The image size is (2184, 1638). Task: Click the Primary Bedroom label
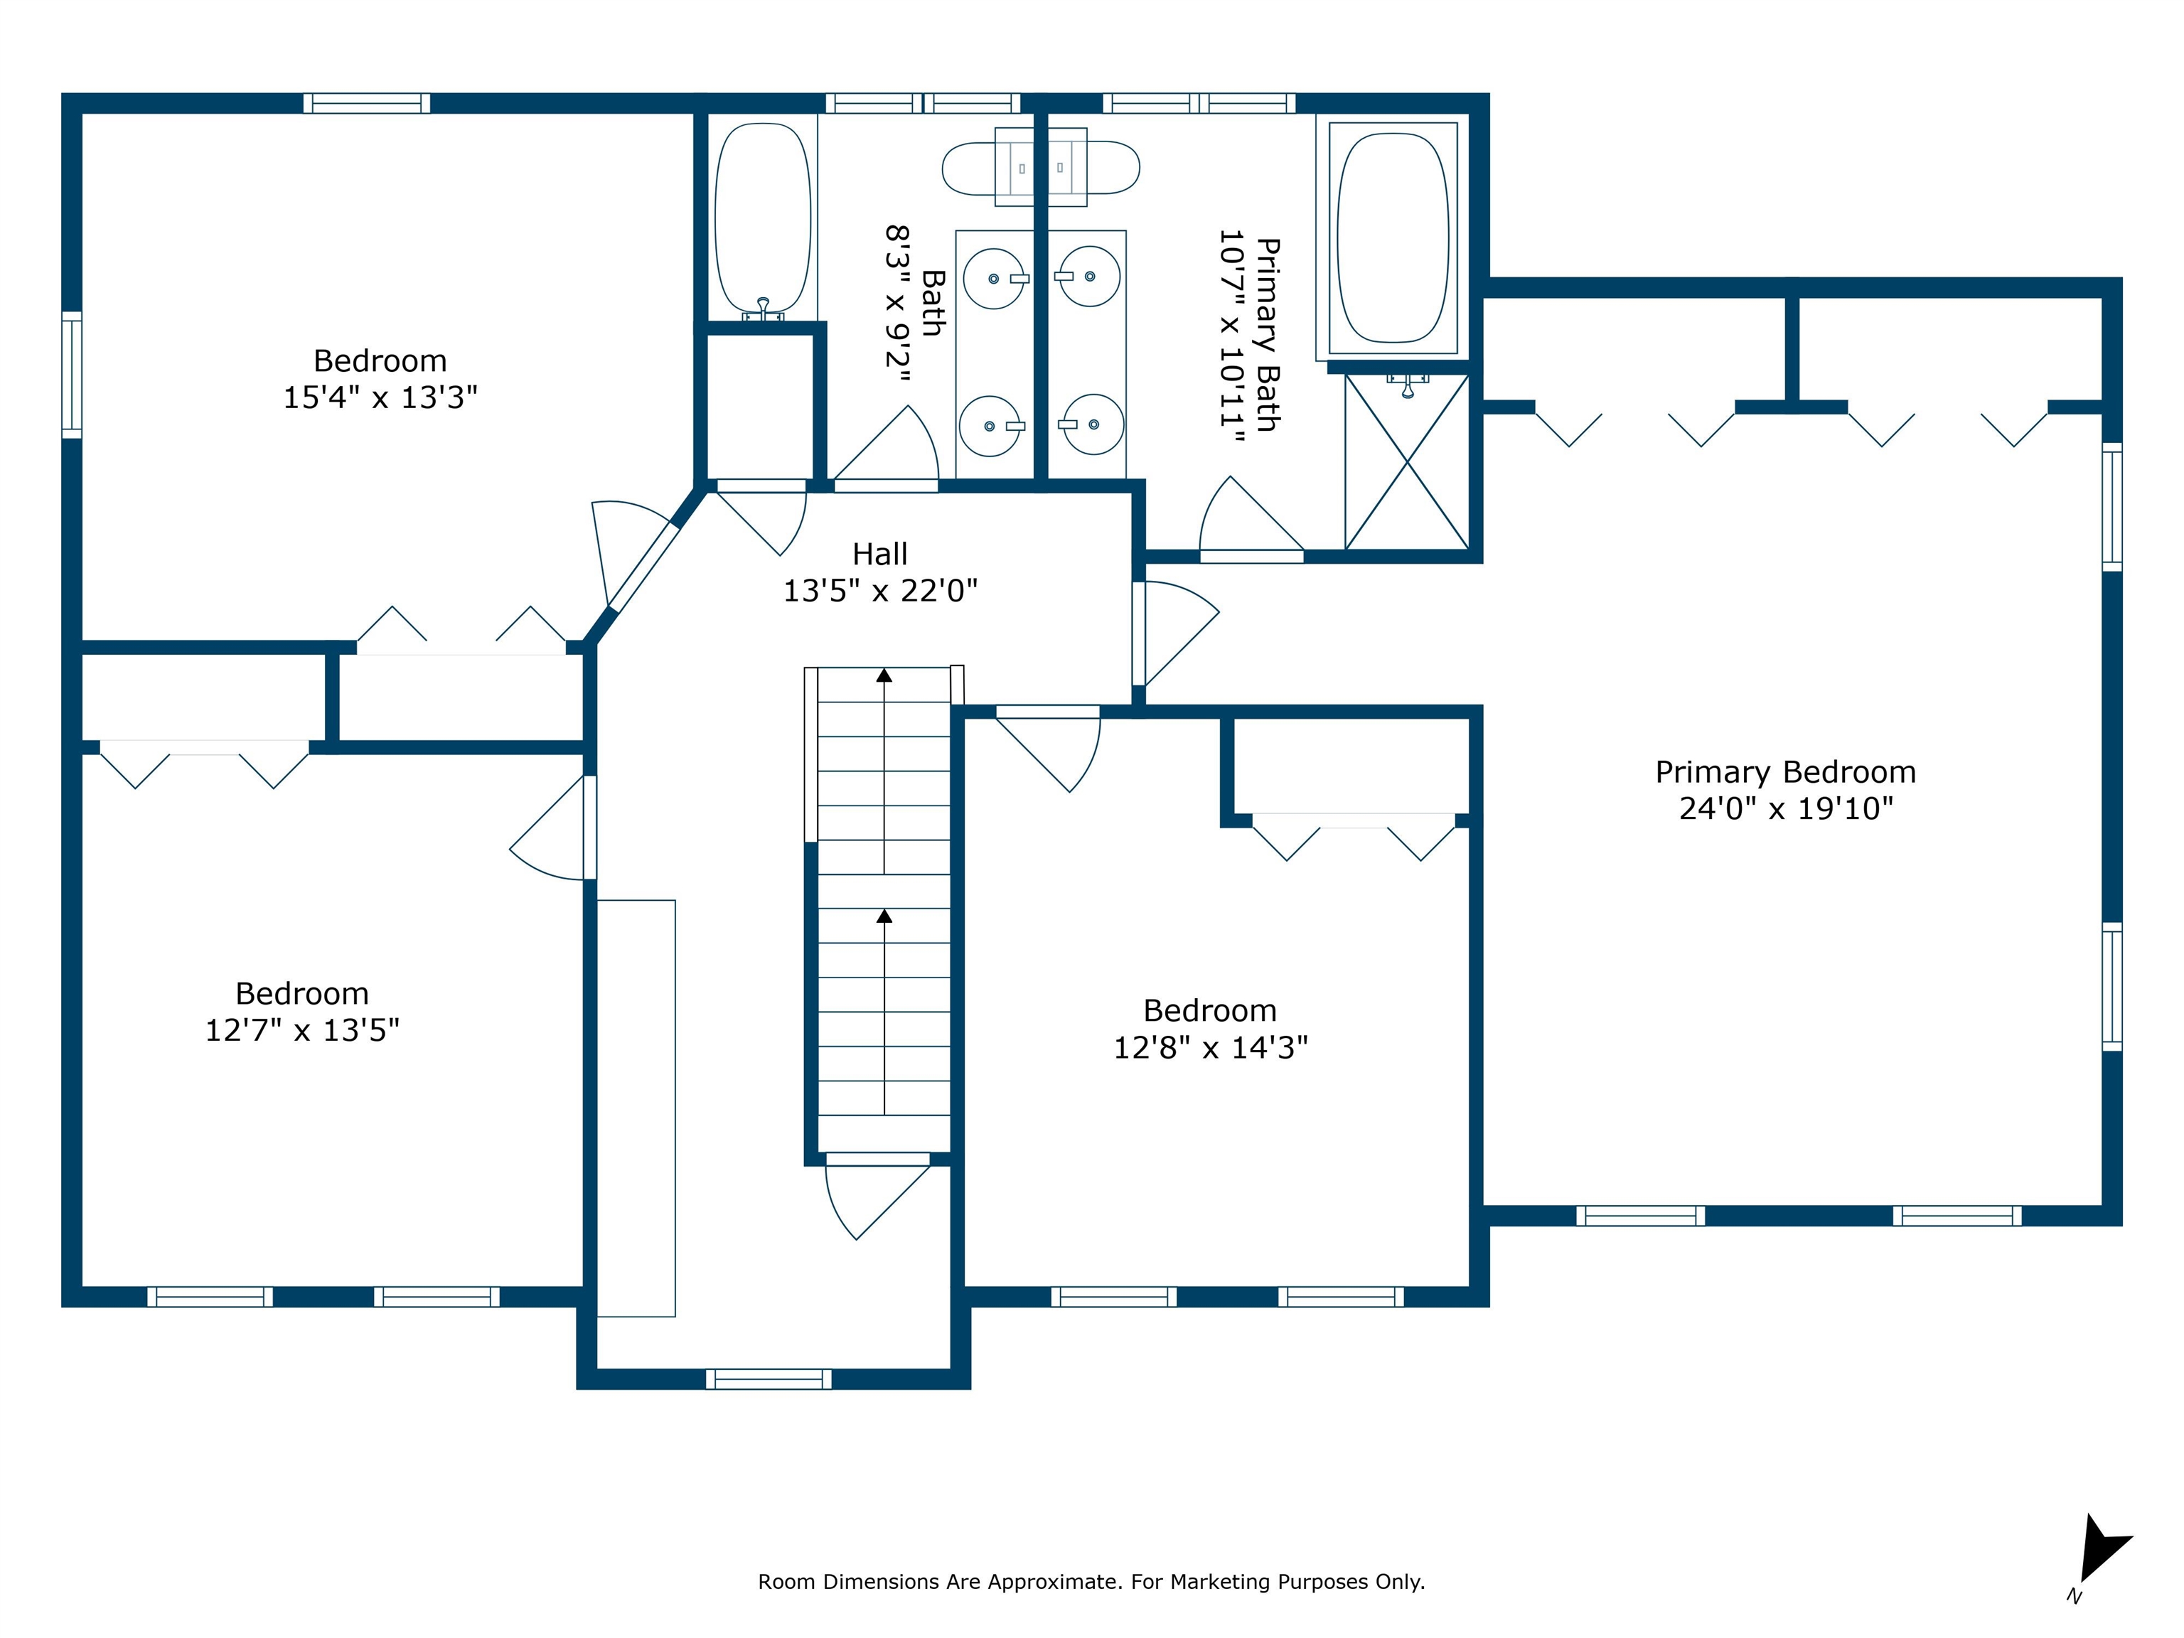pyautogui.click(x=1785, y=772)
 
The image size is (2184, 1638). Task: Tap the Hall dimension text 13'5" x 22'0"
pyautogui.click(x=879, y=590)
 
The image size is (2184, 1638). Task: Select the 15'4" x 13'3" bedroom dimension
pyautogui.click(x=380, y=397)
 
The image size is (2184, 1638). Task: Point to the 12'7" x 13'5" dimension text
pyautogui.click(x=302, y=1030)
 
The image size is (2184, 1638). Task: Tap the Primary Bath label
pyautogui.click(x=1268, y=335)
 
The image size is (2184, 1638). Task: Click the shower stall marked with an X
pyautogui.click(x=1407, y=461)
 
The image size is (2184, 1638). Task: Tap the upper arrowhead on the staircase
pyautogui.click(x=884, y=676)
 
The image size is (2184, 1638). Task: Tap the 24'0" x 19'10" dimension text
pyautogui.click(x=1786, y=808)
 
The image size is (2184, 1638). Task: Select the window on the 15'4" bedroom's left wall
pyautogui.click(x=72, y=374)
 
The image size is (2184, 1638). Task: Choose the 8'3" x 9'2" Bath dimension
pyautogui.click(x=896, y=303)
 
